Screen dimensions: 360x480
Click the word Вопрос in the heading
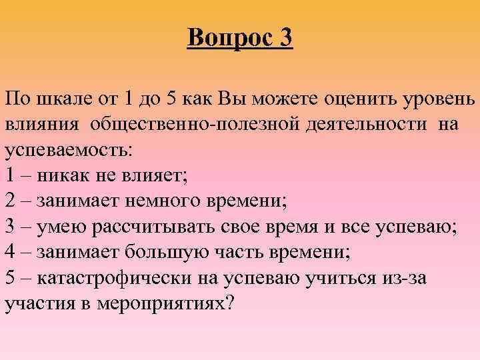226,37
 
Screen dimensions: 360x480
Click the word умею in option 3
63,227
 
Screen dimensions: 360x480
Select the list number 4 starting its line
11,252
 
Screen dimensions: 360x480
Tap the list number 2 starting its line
11,201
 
